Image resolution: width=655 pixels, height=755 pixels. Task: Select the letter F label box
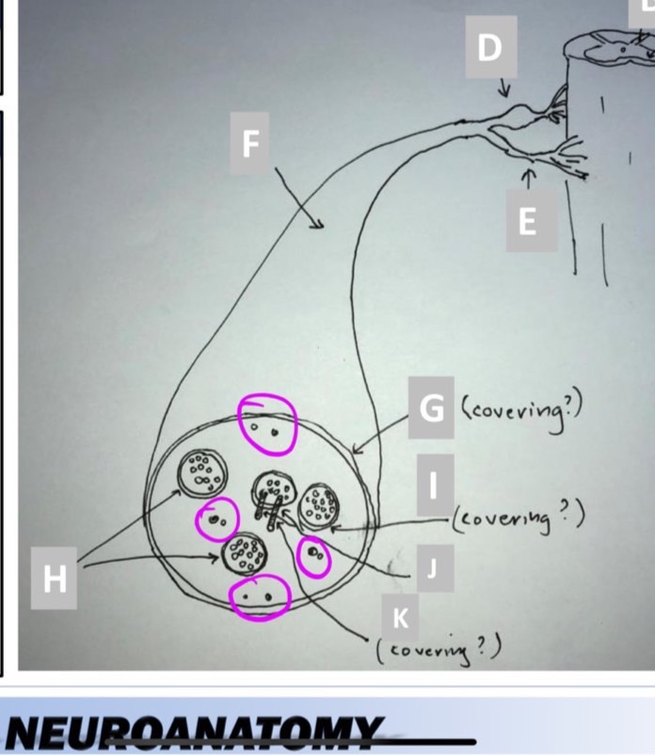[x=250, y=144]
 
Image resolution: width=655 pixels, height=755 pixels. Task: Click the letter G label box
[x=431, y=408]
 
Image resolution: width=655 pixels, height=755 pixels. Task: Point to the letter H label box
[x=56, y=578]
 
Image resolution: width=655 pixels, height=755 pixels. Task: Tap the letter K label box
[x=400, y=618]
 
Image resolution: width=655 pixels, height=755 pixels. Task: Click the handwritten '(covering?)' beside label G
[x=523, y=408]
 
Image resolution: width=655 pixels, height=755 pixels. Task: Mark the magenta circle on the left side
[x=217, y=519]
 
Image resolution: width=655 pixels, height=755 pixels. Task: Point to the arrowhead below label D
[x=503, y=94]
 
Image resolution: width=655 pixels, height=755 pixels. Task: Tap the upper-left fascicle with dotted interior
[x=200, y=469]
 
